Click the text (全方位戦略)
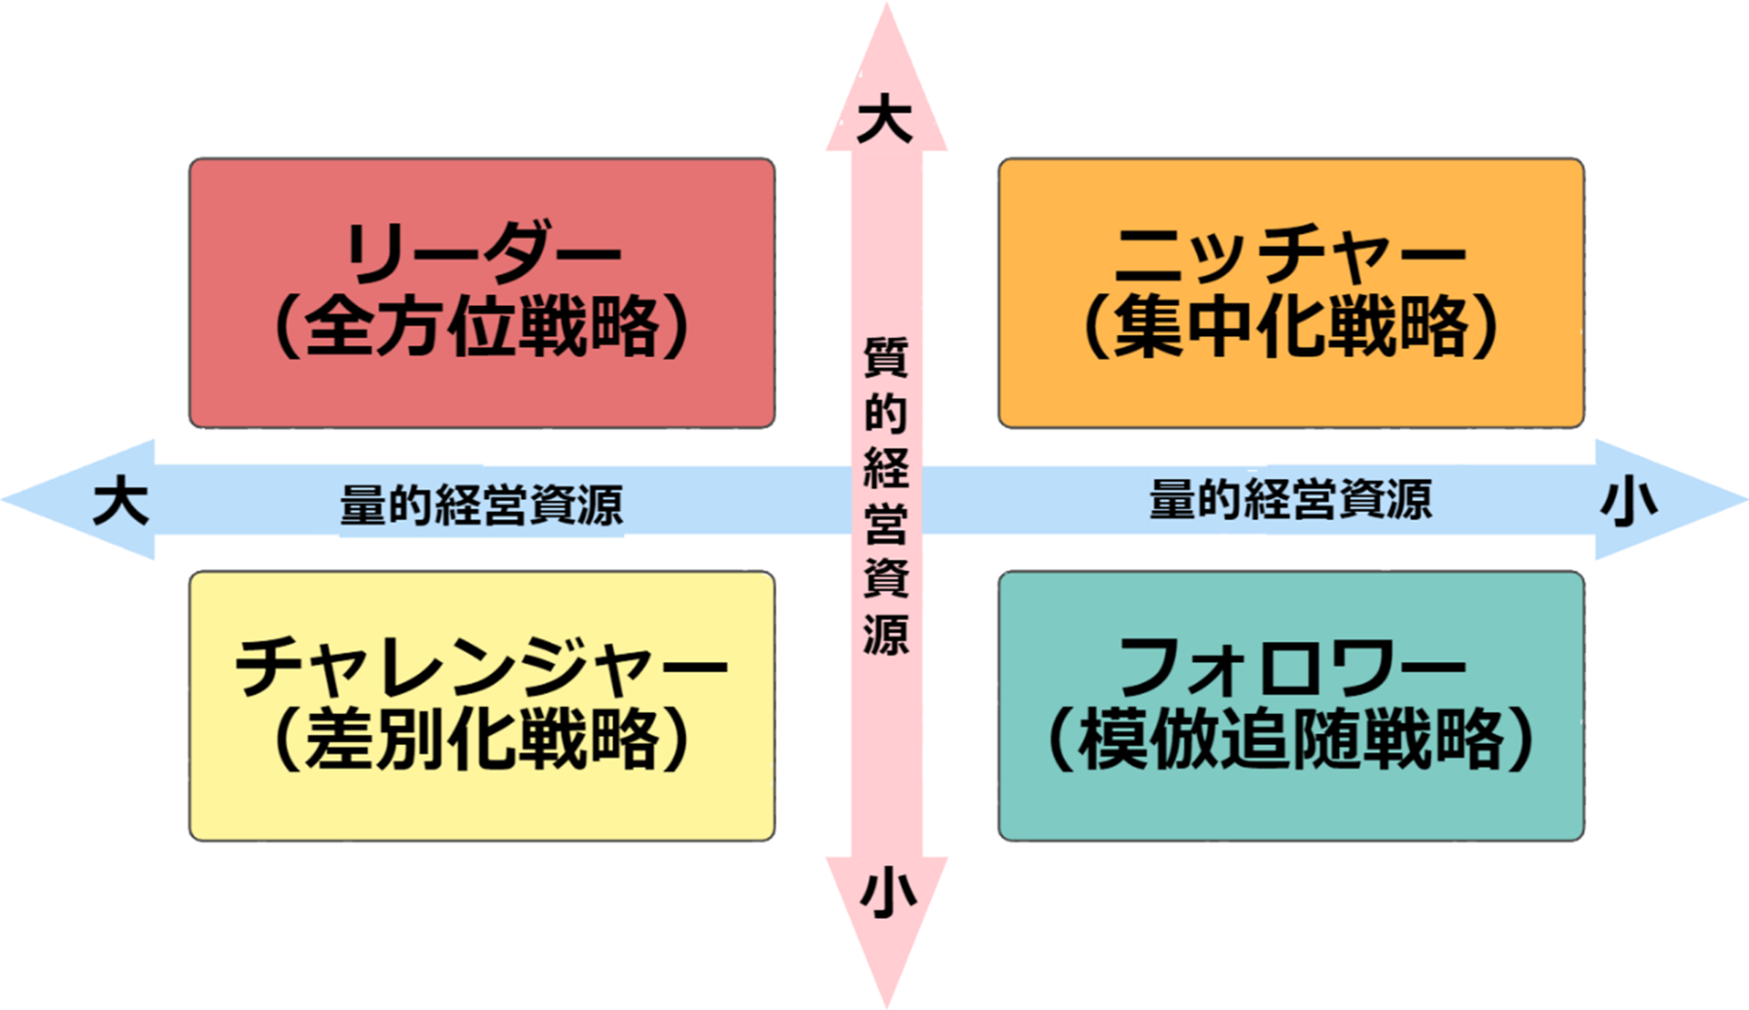pyautogui.click(x=482, y=327)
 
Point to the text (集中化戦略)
pyautogui.click(x=1290, y=327)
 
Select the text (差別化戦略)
pyautogui.click(x=482, y=741)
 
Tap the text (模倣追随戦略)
pyautogui.click(x=1290, y=741)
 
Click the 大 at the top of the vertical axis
pyautogui.click(x=885, y=122)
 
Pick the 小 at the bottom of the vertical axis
pyautogui.click(x=887, y=893)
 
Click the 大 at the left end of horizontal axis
pyautogui.click(x=120, y=502)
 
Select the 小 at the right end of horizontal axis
pyautogui.click(x=1629, y=502)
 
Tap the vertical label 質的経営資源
pyautogui.click(x=886, y=495)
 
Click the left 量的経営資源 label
pyautogui.click(x=481, y=505)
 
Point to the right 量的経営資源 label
pyautogui.click(x=1290, y=499)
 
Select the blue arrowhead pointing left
pyautogui.click(x=68, y=500)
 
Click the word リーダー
pyautogui.click(x=482, y=252)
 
